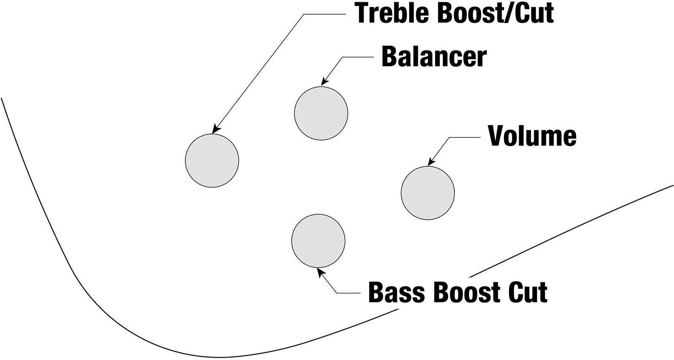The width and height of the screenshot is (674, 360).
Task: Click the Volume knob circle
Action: [428, 193]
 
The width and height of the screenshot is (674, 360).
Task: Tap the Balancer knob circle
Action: [321, 113]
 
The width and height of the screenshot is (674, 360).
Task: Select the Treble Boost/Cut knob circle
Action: [212, 160]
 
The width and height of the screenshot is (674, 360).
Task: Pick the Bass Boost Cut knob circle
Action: [318, 241]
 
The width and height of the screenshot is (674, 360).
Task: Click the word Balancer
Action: [434, 57]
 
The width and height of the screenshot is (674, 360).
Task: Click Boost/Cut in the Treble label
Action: [495, 13]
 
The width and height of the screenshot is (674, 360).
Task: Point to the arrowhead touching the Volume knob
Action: [430, 163]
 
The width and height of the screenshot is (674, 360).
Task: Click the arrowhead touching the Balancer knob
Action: [324, 83]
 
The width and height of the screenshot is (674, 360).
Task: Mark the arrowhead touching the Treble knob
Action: [216, 130]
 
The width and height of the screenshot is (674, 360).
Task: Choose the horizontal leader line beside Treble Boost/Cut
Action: [324, 13]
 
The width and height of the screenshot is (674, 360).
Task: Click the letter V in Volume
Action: [496, 136]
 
